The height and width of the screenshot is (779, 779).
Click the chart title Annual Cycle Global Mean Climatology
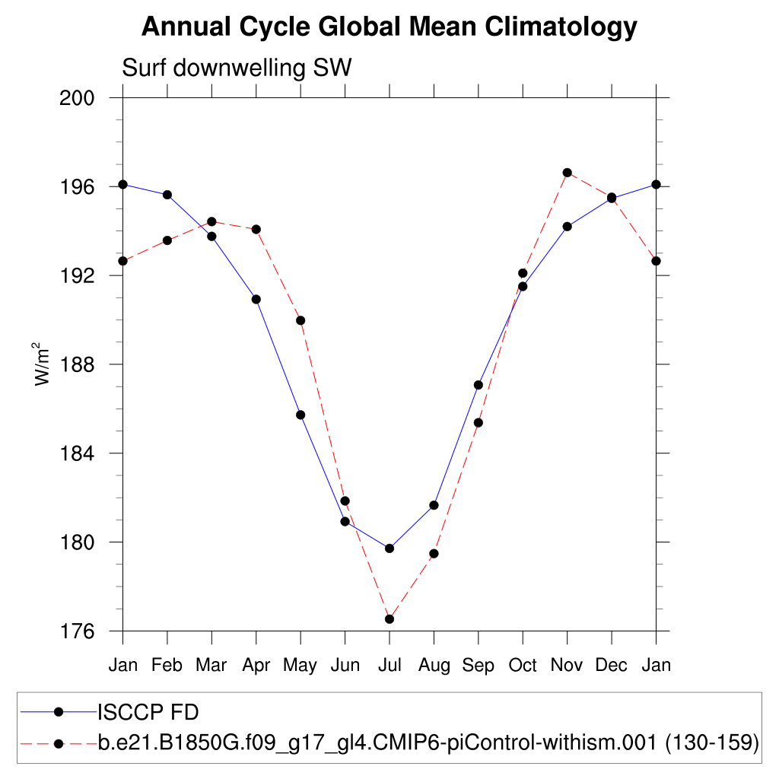389,27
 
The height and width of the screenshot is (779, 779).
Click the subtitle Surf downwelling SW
237,68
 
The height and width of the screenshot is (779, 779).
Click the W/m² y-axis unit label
43,363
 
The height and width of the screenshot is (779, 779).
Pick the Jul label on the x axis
389,666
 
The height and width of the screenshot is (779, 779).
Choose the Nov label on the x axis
567,666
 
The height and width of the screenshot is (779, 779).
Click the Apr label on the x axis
256,666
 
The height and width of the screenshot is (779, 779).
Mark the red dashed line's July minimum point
389,619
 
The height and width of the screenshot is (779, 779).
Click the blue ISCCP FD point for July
389,548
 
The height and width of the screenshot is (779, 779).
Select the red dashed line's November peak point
567,173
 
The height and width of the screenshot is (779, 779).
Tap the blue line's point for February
167,195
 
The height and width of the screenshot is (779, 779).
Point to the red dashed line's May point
300,320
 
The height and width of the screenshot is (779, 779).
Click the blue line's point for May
300,415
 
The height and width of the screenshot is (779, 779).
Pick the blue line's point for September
479,385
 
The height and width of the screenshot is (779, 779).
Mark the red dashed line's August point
434,554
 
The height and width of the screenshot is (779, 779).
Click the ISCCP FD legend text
148,712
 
